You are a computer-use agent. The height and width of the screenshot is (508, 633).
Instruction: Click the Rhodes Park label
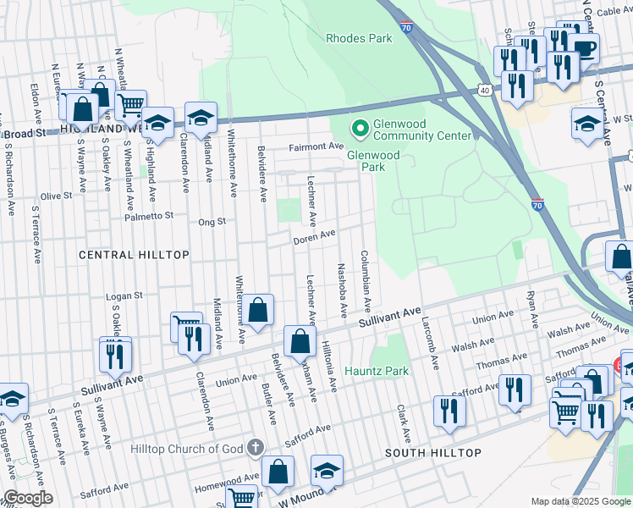point(359,38)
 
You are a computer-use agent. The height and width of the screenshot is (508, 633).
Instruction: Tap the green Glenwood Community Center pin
point(360,129)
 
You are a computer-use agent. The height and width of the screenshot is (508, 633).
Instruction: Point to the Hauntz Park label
point(377,371)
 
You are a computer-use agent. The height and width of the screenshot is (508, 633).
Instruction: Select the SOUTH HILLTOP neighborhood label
point(433,453)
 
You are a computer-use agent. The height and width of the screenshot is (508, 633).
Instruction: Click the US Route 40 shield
point(483,90)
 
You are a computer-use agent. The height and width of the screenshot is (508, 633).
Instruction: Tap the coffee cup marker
point(584,47)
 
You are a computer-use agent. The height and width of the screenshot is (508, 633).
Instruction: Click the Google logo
point(27,498)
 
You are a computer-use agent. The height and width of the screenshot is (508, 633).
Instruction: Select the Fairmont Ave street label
point(316,146)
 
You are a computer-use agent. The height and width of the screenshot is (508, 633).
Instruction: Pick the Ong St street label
point(212,222)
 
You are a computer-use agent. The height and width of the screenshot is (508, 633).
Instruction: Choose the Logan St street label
point(124,296)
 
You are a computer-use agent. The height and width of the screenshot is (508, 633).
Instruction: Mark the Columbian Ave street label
point(366,279)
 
